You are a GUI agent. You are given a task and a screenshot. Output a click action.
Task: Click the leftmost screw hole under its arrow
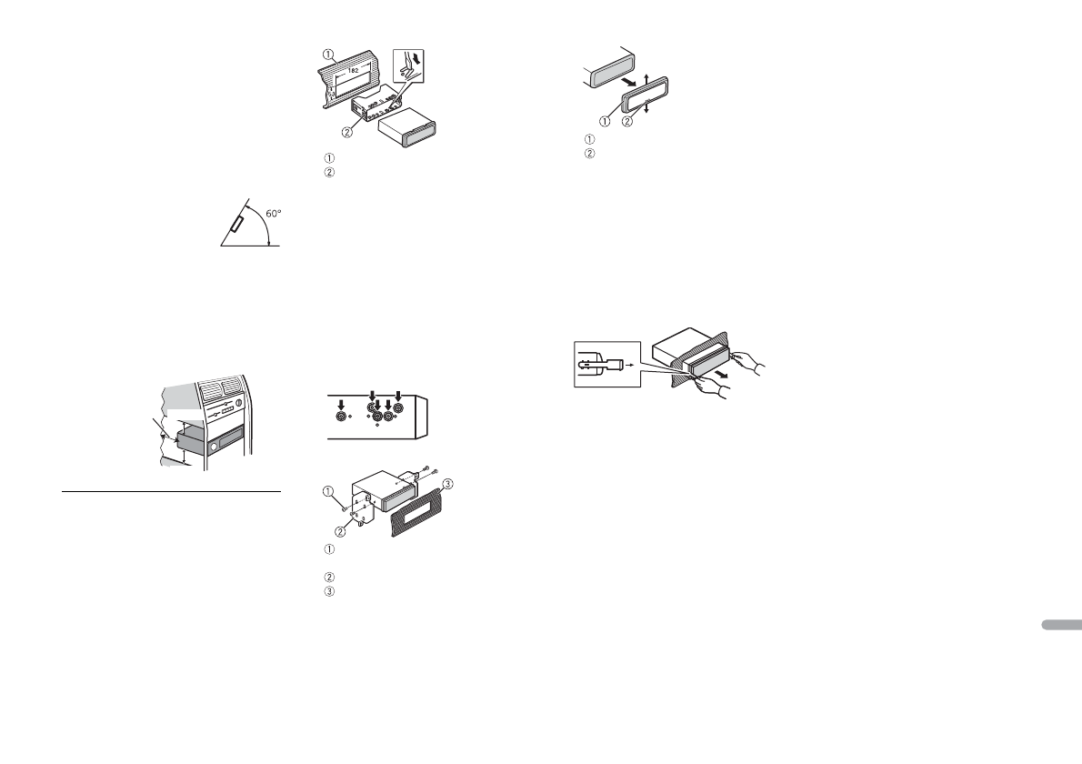click(x=341, y=417)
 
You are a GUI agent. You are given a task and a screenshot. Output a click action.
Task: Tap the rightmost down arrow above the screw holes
click(x=397, y=397)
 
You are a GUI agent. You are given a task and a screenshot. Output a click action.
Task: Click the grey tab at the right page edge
click(x=1057, y=625)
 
